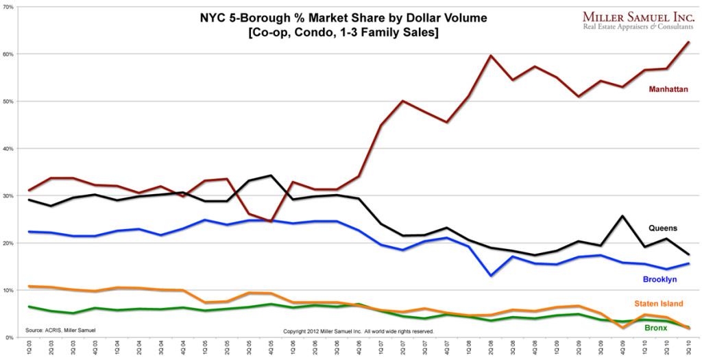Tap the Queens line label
[x=664, y=228]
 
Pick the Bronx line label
[x=657, y=328]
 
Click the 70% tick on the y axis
[x=9, y=7]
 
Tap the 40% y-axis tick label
[x=9, y=148]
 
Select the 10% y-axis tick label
[x=9, y=291]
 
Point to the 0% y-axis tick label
[x=10, y=337]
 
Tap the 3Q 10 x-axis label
[x=688, y=349]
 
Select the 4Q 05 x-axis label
[x=271, y=349]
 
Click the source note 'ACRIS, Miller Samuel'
[x=58, y=330]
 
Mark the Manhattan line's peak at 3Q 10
[x=688, y=43]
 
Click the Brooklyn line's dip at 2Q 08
[x=490, y=276]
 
